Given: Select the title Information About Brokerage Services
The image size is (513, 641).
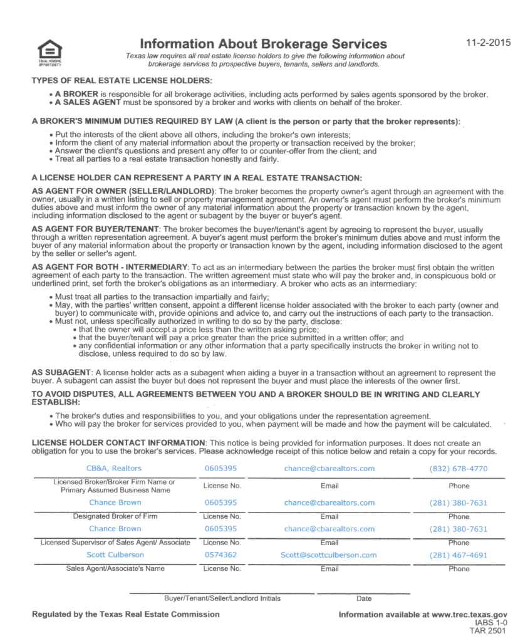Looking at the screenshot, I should pos(263,44).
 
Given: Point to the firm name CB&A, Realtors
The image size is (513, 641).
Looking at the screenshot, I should pos(114,468).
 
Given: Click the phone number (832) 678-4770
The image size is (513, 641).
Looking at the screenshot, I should pos(459,469).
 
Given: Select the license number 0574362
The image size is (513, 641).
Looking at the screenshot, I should pos(220,555).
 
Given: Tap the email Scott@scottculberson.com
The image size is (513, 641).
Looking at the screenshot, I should pos(329,555).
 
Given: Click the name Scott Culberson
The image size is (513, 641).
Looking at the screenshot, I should pos(115,555).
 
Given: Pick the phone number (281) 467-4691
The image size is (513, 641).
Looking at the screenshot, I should pos(459,555).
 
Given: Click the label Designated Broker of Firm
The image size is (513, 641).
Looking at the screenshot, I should pos(115,516).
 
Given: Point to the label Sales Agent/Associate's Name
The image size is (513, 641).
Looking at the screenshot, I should pos(115,568).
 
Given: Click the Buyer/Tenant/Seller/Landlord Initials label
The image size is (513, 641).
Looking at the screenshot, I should pos(222,598).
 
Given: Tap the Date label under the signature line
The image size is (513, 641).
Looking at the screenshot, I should pos(363,598).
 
